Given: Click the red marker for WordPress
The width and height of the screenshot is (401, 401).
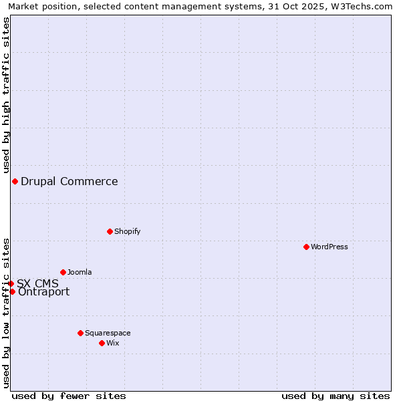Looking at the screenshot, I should (x=306, y=247).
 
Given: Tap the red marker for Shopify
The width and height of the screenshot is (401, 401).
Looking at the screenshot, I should (x=110, y=231).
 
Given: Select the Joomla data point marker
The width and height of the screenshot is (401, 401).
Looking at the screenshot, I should (x=63, y=272).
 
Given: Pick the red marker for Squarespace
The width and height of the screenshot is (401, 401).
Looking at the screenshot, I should (x=80, y=333).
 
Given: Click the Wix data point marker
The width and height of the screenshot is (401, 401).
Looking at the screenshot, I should (x=102, y=343).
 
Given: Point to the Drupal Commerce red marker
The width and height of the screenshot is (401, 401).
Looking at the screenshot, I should (x=15, y=181).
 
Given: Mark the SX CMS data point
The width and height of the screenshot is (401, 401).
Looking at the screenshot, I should (x=11, y=283).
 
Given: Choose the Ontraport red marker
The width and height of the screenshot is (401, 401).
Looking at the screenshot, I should (x=12, y=291).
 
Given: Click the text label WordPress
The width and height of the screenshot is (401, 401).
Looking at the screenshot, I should (x=329, y=247).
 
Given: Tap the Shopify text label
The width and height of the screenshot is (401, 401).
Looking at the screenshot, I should (x=128, y=231).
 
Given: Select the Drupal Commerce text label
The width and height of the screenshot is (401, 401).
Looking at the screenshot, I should (x=70, y=181).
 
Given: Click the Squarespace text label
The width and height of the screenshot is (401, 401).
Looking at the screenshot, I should (x=108, y=333).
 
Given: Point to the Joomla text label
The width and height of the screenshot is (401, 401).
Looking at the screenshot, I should (x=80, y=272).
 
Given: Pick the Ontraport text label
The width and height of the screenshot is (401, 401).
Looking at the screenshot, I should (x=43, y=292).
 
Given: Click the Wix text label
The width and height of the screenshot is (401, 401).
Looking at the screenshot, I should (x=113, y=343).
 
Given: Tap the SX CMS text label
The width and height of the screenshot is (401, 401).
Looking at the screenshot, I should (x=37, y=283).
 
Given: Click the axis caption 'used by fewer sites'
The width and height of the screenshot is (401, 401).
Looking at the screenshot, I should (x=69, y=396).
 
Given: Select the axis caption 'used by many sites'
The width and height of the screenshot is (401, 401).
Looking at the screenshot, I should (x=336, y=396).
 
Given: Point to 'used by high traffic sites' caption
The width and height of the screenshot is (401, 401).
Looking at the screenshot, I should (x=6, y=93).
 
